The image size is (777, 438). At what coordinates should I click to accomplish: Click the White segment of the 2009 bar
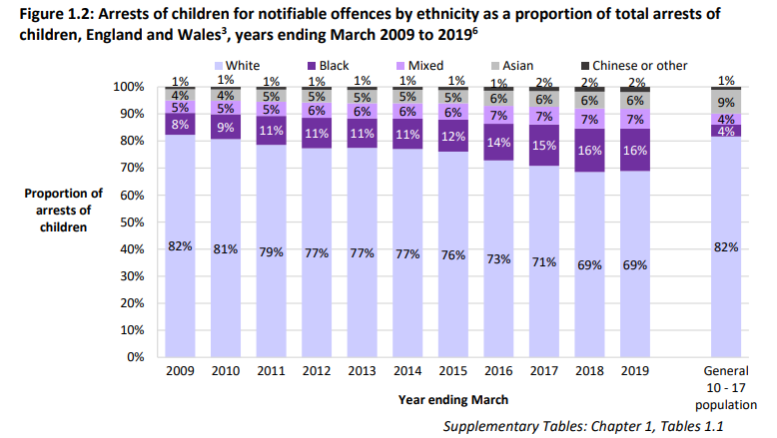pos(180,289)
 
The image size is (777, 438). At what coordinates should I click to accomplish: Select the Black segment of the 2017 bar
pos(544,146)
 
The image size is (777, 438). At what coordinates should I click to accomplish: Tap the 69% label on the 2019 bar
pos(634,265)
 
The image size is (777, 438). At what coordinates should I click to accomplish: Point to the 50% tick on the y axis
pos(132,221)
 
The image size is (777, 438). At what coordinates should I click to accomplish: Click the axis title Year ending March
pos(451,399)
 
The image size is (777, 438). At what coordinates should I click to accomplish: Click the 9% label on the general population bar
pos(726,102)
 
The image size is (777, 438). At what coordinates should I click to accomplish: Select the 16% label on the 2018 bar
pos(589,151)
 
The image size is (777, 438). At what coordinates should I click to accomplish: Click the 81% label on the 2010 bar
pos(225,248)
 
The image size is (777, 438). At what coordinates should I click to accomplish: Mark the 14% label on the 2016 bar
pos(498,142)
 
